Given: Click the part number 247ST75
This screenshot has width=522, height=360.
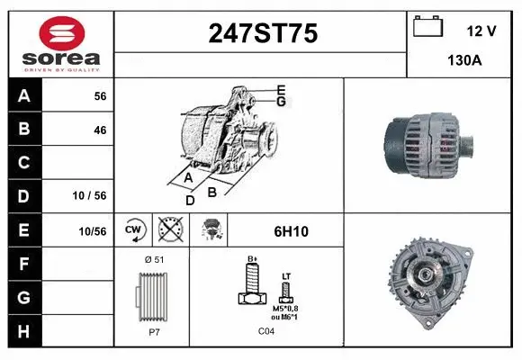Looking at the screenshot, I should [262, 33].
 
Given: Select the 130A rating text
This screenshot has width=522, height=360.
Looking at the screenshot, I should [464, 61].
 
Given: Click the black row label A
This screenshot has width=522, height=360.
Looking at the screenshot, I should [23, 96].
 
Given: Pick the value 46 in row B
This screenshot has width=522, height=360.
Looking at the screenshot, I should [99, 130].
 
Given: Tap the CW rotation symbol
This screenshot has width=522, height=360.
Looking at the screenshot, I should [134, 230].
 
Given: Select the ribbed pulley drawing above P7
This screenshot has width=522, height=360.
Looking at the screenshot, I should [151, 294].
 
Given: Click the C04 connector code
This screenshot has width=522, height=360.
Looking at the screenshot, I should [266, 331].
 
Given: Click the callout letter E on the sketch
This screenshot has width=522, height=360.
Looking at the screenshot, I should [281, 89].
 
